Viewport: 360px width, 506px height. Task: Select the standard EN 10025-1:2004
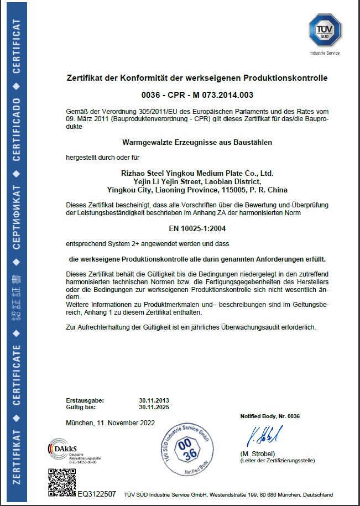[x=197, y=228]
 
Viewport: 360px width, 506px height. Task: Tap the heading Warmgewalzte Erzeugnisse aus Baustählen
[x=197, y=142]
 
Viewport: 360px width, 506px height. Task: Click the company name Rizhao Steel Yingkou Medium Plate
[x=197, y=173]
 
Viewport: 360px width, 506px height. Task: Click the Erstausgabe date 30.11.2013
[x=154, y=400]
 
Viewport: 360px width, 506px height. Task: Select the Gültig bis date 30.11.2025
[x=154, y=407]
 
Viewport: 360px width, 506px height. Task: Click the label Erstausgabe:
[x=85, y=400]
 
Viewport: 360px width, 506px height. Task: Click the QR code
[x=61, y=481]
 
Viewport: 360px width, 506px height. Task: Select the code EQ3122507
[x=97, y=493]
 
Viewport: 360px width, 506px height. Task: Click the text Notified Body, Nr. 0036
[x=269, y=416]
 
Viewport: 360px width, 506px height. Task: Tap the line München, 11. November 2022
[x=110, y=423]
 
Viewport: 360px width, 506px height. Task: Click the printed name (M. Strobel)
[x=258, y=454]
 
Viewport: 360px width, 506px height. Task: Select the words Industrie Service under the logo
[x=325, y=53]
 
